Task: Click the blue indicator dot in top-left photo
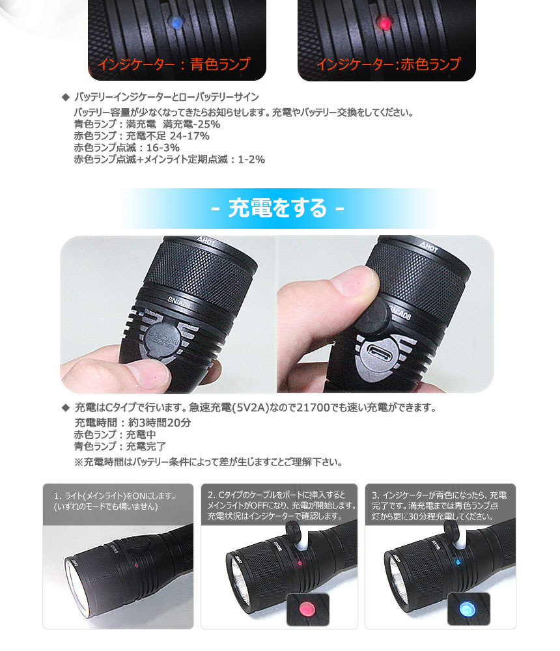[x=175, y=22]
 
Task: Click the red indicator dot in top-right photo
[x=385, y=24]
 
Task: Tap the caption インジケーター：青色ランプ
[x=173, y=64]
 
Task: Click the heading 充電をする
[x=278, y=209]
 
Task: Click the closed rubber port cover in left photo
[x=159, y=342]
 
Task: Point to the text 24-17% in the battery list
[x=189, y=136]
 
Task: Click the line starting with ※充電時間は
[x=208, y=463]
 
